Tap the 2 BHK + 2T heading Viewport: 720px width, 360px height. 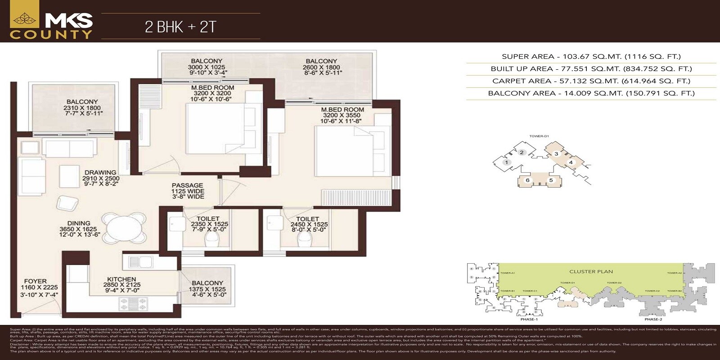point(180,27)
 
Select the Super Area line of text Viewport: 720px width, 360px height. point(591,57)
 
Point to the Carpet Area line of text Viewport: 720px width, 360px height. point(591,81)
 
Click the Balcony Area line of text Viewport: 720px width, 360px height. point(591,94)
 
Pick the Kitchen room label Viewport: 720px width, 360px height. point(121,284)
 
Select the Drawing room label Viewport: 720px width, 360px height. point(100,178)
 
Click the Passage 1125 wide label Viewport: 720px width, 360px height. point(187,191)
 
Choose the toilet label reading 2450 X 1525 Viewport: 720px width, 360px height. point(308,224)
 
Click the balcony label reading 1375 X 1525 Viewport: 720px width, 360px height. point(207,289)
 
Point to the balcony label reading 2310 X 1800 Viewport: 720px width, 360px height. point(82,108)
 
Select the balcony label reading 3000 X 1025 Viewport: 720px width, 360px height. point(207,67)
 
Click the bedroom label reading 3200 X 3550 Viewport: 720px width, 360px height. point(342,115)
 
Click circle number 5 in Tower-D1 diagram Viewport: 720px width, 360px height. point(550,180)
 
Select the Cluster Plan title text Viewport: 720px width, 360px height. point(591,271)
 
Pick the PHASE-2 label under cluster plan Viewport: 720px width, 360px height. point(653,319)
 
